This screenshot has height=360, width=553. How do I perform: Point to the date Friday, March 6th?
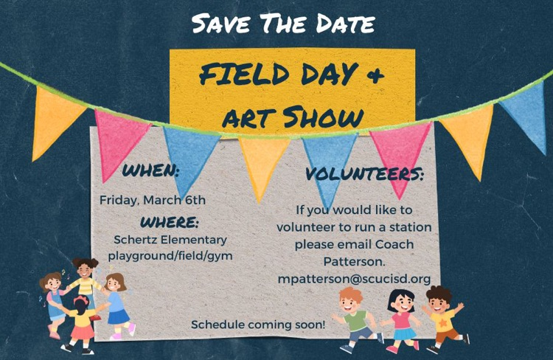pyautogui.click(x=153, y=199)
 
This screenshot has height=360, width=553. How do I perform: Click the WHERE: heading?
pyautogui.click(x=170, y=221)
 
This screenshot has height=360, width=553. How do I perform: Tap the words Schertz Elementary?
pyautogui.click(x=170, y=239)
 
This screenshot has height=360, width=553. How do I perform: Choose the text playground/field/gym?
pyautogui.click(x=170, y=255)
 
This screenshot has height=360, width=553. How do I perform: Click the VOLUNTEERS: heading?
pyautogui.click(x=365, y=175)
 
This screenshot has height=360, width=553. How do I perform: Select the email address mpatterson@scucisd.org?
pyautogui.click(x=354, y=278)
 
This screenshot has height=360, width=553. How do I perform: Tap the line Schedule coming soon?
pyautogui.click(x=258, y=325)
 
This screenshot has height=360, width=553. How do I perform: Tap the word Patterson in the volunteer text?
pyautogui.click(x=354, y=261)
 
